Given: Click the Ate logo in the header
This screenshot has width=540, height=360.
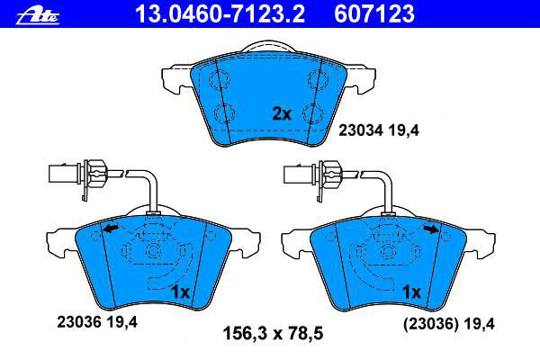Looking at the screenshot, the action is pos(38,15).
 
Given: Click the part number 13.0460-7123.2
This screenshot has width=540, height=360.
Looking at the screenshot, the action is pos(220,13).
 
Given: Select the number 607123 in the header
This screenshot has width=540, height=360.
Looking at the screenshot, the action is pos(374,13).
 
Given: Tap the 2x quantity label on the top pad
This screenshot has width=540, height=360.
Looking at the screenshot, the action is pos(282,113).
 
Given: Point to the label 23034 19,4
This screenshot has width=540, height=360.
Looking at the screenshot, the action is pos(379,130).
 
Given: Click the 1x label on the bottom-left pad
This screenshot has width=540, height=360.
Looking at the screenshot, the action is pos(181,292).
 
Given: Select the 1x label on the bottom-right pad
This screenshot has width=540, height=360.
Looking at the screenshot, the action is pos(411,292).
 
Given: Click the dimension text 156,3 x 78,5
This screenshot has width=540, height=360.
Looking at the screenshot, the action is pos(273,334).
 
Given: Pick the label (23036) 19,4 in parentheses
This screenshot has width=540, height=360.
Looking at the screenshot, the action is pos(449,324).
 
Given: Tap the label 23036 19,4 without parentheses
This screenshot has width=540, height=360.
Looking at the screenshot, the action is pos(97,322).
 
